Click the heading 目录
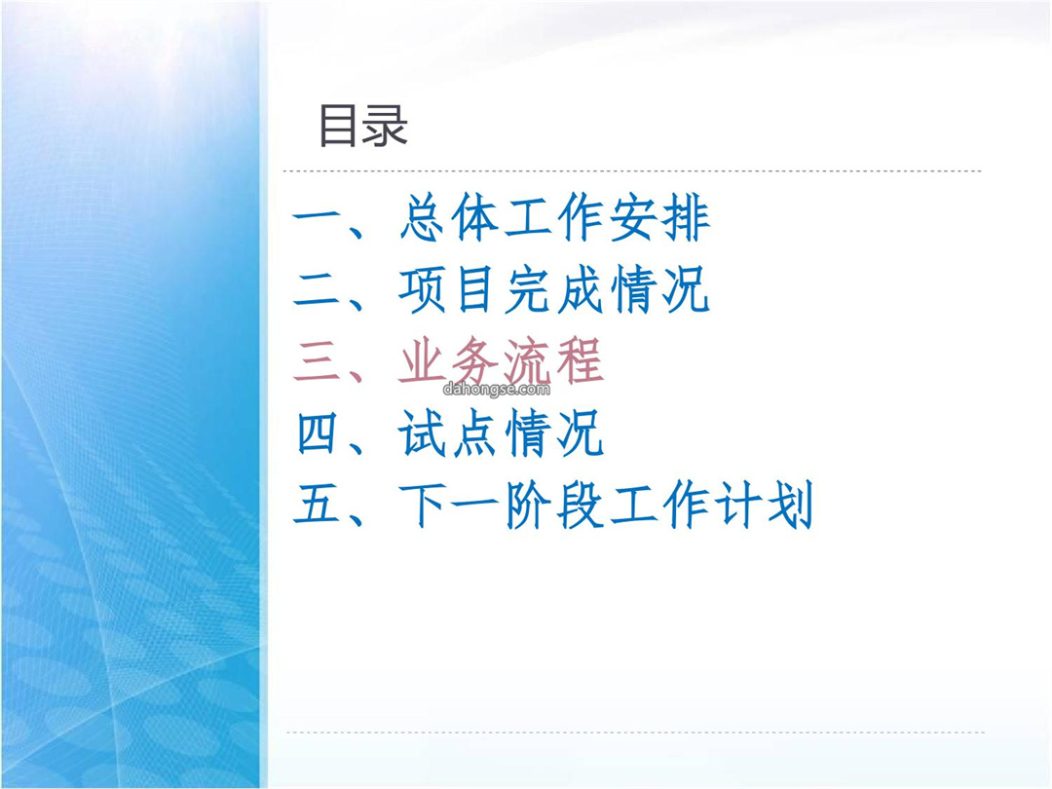point(363,126)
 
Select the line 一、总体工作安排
point(502,218)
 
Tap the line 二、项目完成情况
point(502,290)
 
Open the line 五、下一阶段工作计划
point(553,505)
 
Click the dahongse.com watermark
point(497,389)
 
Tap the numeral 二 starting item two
point(318,290)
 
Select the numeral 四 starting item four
point(318,433)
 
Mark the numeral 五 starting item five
point(318,505)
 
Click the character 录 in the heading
point(386,126)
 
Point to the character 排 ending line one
point(686,218)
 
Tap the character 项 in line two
point(423,290)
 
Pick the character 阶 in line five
point(527,505)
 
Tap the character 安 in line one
point(633,218)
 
